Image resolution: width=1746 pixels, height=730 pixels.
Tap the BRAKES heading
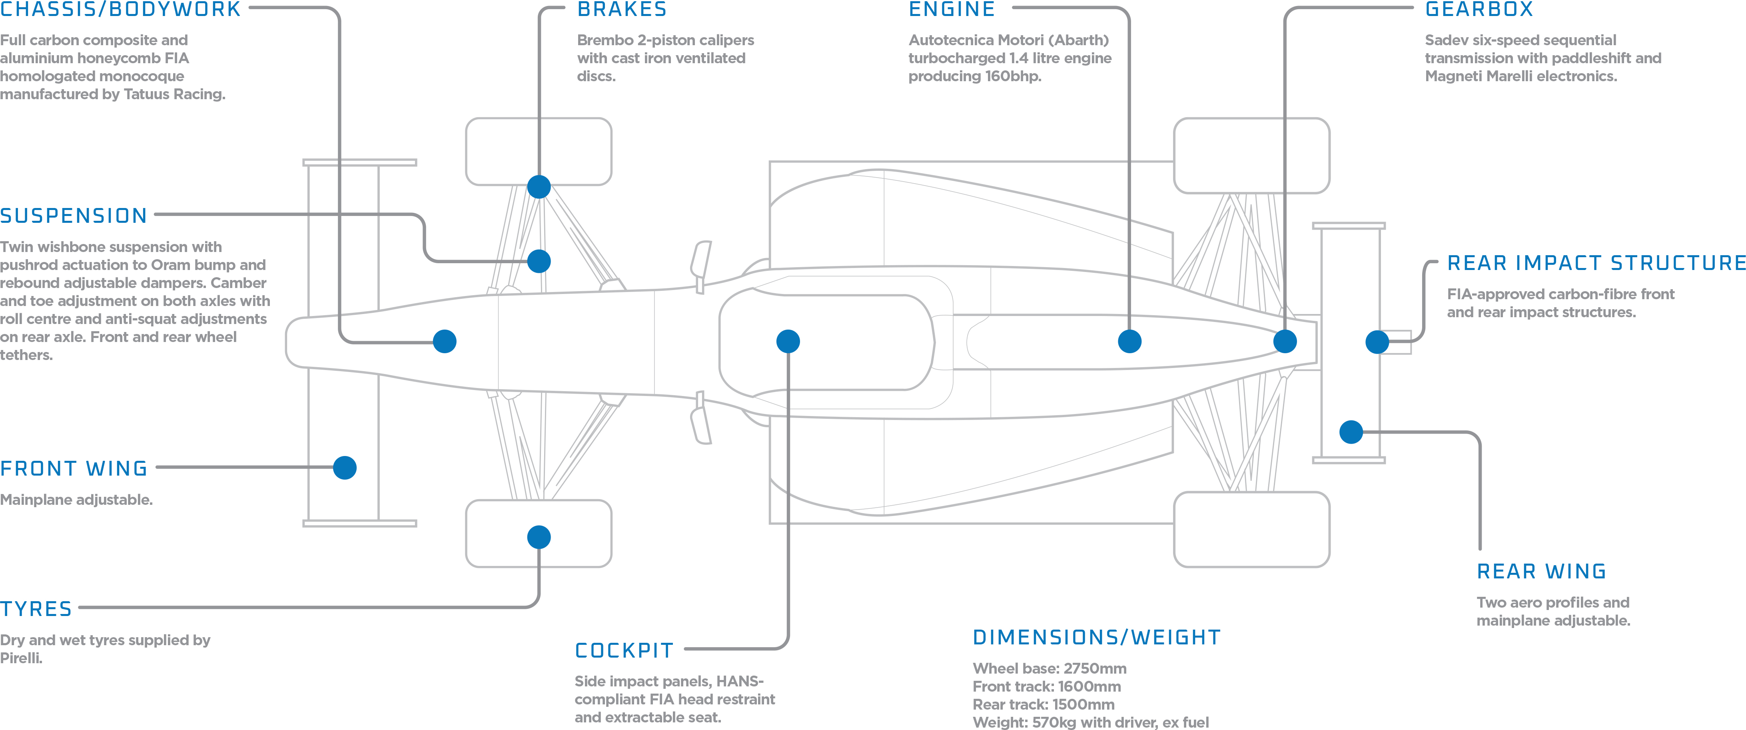click(x=622, y=10)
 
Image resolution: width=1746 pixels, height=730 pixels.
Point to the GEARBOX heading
click(x=1479, y=10)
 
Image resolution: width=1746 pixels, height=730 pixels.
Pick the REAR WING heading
click(x=1541, y=571)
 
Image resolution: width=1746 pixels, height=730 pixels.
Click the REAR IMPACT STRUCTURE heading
click(x=1596, y=263)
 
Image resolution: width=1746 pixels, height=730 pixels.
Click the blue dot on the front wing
click(x=345, y=468)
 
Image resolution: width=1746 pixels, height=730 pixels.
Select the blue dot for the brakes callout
click(x=539, y=186)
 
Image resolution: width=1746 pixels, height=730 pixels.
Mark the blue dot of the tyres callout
click(x=539, y=537)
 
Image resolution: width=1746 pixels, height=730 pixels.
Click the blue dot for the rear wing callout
click(x=1351, y=432)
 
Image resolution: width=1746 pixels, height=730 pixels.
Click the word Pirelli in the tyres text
click(x=20, y=658)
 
